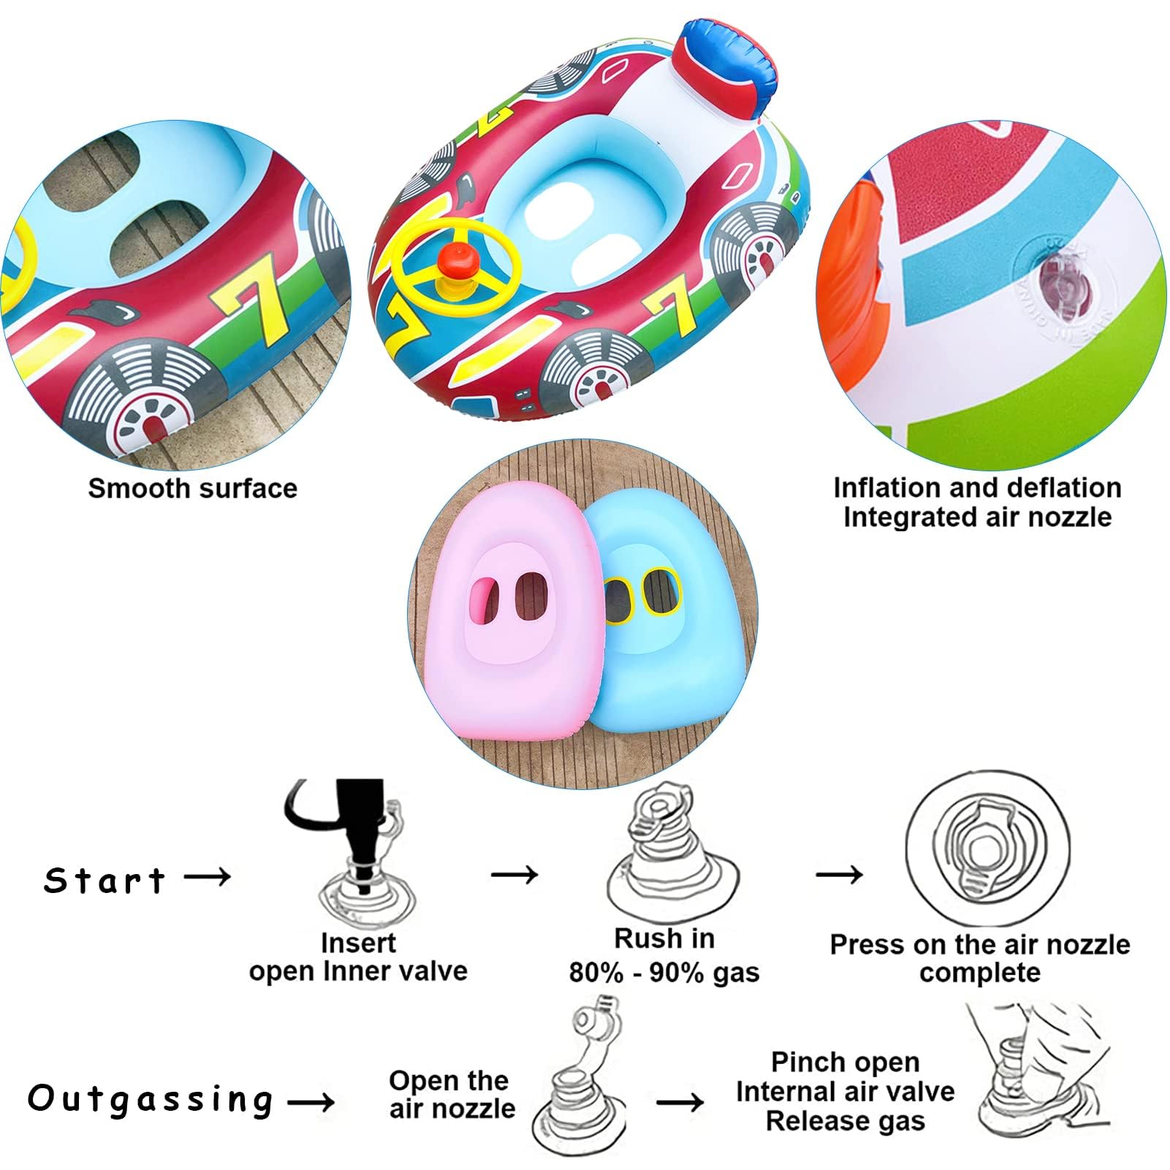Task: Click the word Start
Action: tap(105, 881)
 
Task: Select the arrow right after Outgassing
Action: tap(311, 1101)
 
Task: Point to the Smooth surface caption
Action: tap(193, 488)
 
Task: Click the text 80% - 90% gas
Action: tap(664, 973)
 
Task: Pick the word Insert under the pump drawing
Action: tap(358, 943)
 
